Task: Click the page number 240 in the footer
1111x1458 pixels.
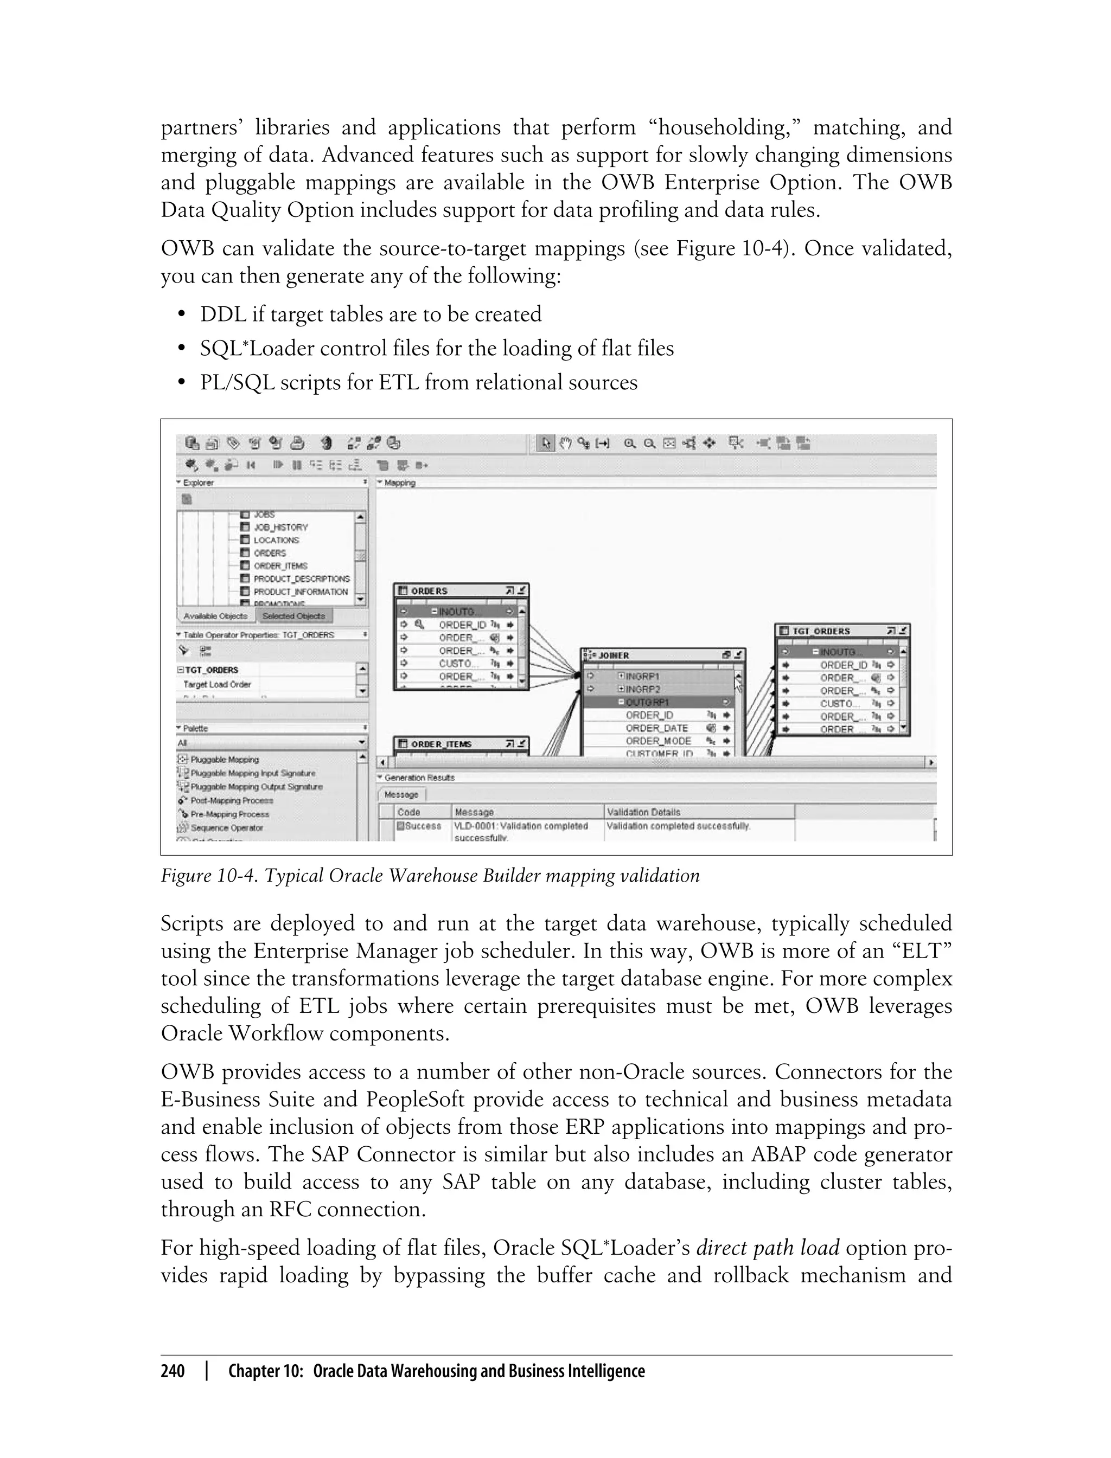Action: pos(173,1371)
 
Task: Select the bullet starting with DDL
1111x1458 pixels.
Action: pos(371,314)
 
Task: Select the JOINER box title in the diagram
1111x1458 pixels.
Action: pos(614,656)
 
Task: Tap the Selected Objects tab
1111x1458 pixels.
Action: pos(293,616)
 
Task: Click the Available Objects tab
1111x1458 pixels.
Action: pos(215,616)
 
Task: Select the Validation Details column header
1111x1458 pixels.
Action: pos(643,812)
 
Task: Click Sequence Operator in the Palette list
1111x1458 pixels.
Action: pos(226,827)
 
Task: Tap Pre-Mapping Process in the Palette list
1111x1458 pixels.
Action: pos(229,814)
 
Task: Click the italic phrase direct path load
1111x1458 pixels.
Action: pos(768,1248)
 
